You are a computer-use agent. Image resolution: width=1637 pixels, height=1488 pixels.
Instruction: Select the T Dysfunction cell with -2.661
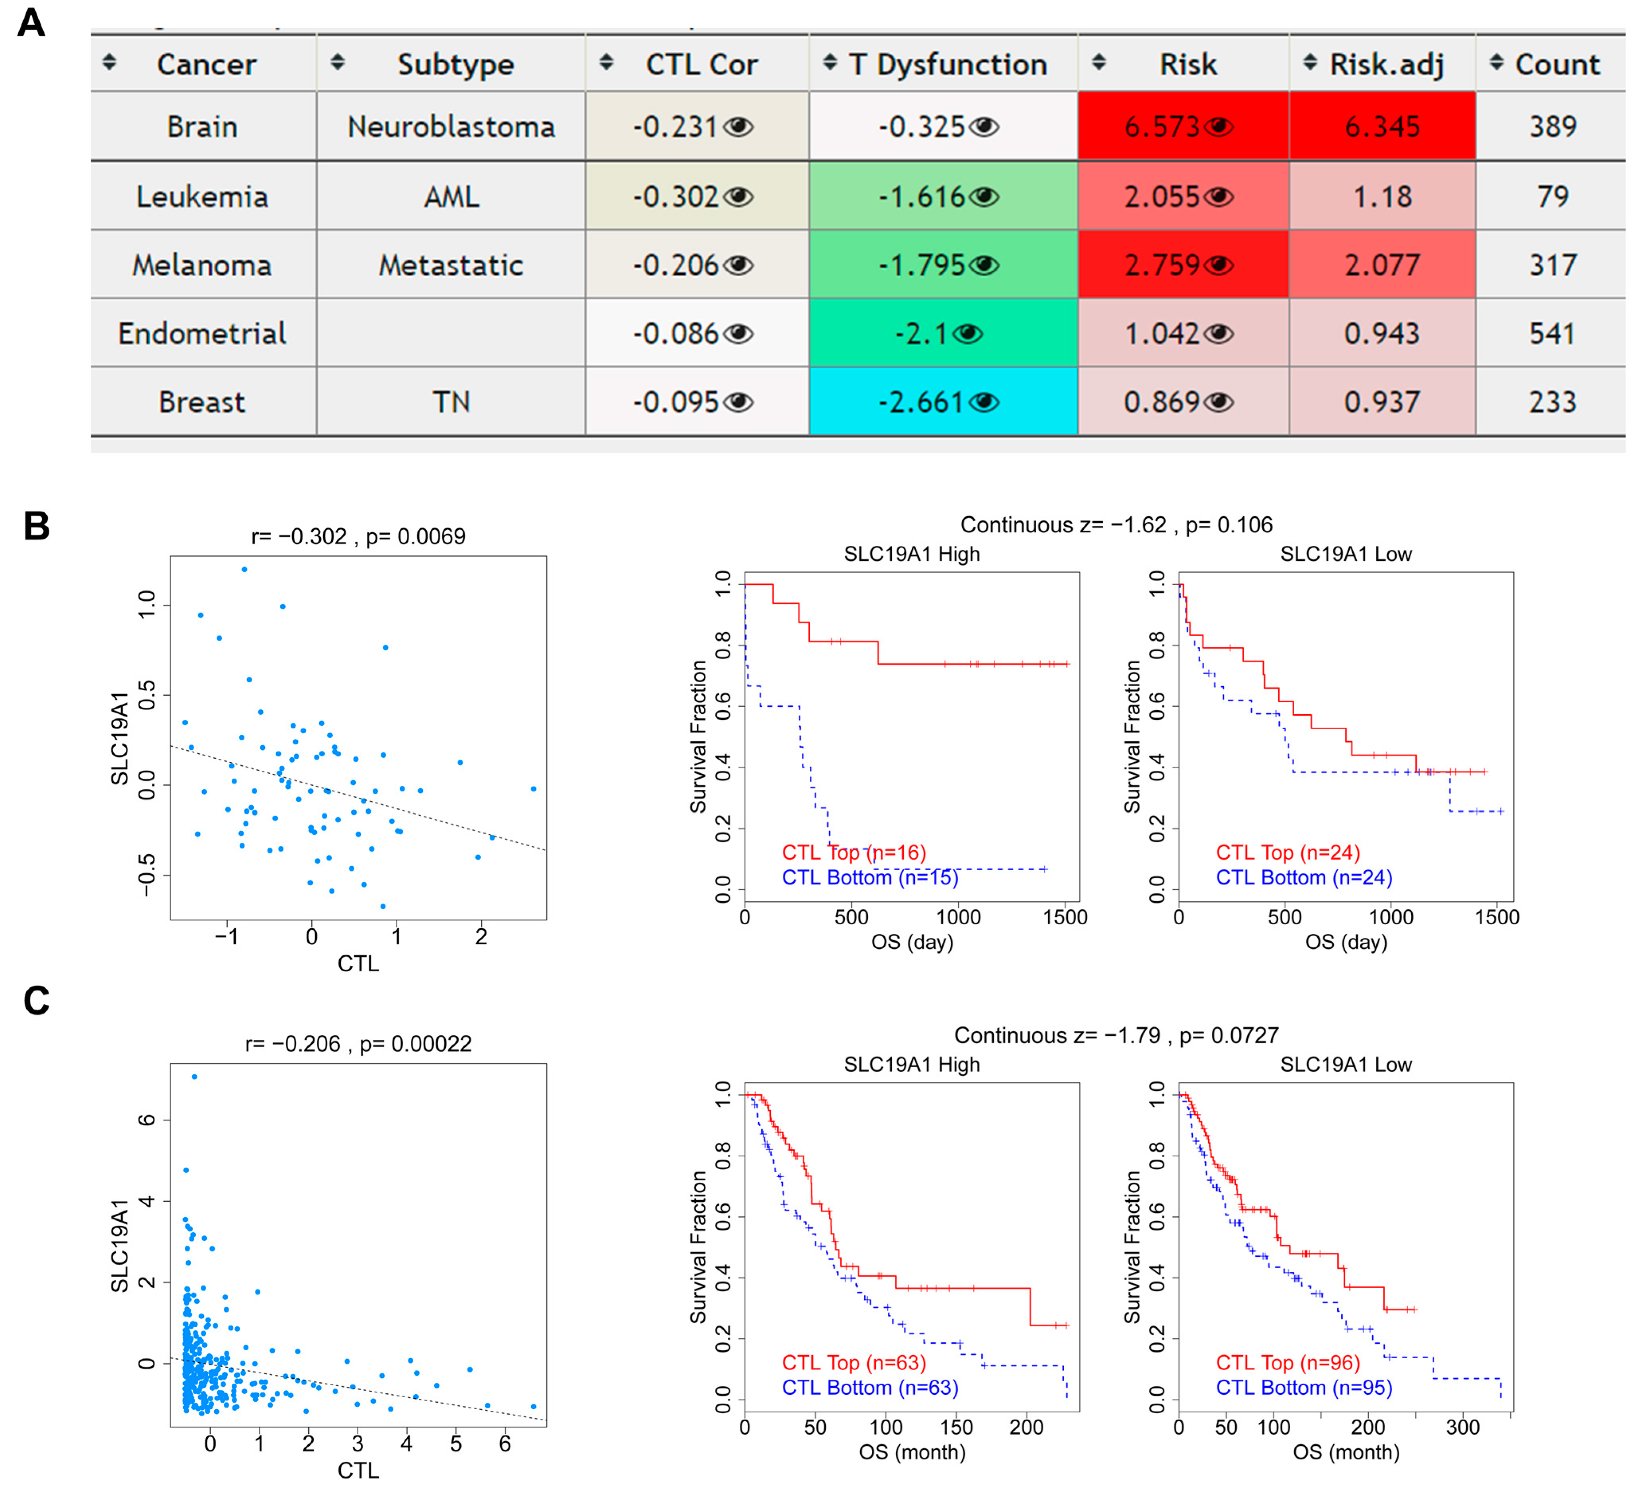pyautogui.click(x=922, y=402)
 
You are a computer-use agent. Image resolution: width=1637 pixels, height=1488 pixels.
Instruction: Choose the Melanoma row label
pyautogui.click(x=202, y=266)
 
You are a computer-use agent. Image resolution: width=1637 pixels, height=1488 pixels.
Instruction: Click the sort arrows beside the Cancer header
pyautogui.click(x=109, y=62)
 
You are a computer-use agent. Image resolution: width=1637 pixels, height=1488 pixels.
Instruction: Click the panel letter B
pyautogui.click(x=37, y=526)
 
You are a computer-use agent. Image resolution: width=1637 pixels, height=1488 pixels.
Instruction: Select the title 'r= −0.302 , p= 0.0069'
pyautogui.click(x=358, y=537)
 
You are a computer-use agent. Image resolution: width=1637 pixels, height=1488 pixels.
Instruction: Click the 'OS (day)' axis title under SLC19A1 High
pyautogui.click(x=912, y=942)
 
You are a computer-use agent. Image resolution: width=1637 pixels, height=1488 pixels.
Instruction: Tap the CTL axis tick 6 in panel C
pyautogui.click(x=504, y=1443)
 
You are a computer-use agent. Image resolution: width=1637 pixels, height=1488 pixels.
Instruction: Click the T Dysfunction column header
pyautogui.click(x=947, y=64)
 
